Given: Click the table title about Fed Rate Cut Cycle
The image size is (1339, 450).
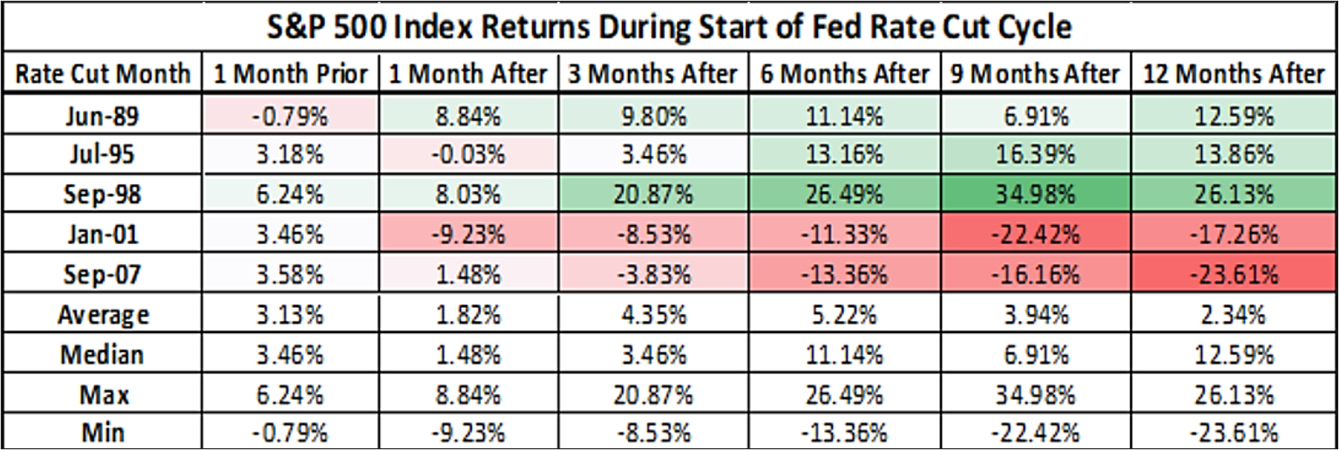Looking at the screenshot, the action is [669, 27].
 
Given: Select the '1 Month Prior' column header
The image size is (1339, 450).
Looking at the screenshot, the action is [290, 74].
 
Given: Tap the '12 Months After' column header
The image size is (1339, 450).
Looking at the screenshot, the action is [1234, 74].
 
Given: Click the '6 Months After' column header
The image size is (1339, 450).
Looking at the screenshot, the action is [845, 74].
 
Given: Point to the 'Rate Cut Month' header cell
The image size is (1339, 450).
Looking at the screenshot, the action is [103, 74].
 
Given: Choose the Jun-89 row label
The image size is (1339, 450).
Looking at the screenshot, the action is [102, 115].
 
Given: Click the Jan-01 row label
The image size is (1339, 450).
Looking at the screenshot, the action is [102, 234].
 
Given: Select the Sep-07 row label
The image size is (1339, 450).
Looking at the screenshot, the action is [102, 274].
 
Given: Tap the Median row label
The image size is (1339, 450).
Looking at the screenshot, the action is [102, 355].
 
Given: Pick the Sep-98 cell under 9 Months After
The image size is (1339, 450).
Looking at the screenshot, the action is [1036, 194].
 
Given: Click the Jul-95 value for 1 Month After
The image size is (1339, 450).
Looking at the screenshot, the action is [469, 155].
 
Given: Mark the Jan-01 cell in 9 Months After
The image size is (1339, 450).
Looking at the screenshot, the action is [1036, 234].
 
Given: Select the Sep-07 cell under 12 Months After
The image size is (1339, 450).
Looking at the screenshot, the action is [1234, 274].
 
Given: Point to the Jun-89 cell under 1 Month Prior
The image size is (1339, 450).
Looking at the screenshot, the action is [290, 115].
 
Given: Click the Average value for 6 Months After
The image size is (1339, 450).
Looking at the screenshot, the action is [845, 315].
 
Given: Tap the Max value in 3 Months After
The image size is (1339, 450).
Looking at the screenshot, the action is [653, 395].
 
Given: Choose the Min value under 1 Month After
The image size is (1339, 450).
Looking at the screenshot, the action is [469, 433].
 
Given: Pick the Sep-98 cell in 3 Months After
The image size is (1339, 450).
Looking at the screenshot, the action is [653, 194].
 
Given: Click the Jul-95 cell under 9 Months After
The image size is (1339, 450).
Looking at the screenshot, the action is [1036, 155].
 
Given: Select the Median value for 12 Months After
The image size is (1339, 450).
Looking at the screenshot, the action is [1234, 355].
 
